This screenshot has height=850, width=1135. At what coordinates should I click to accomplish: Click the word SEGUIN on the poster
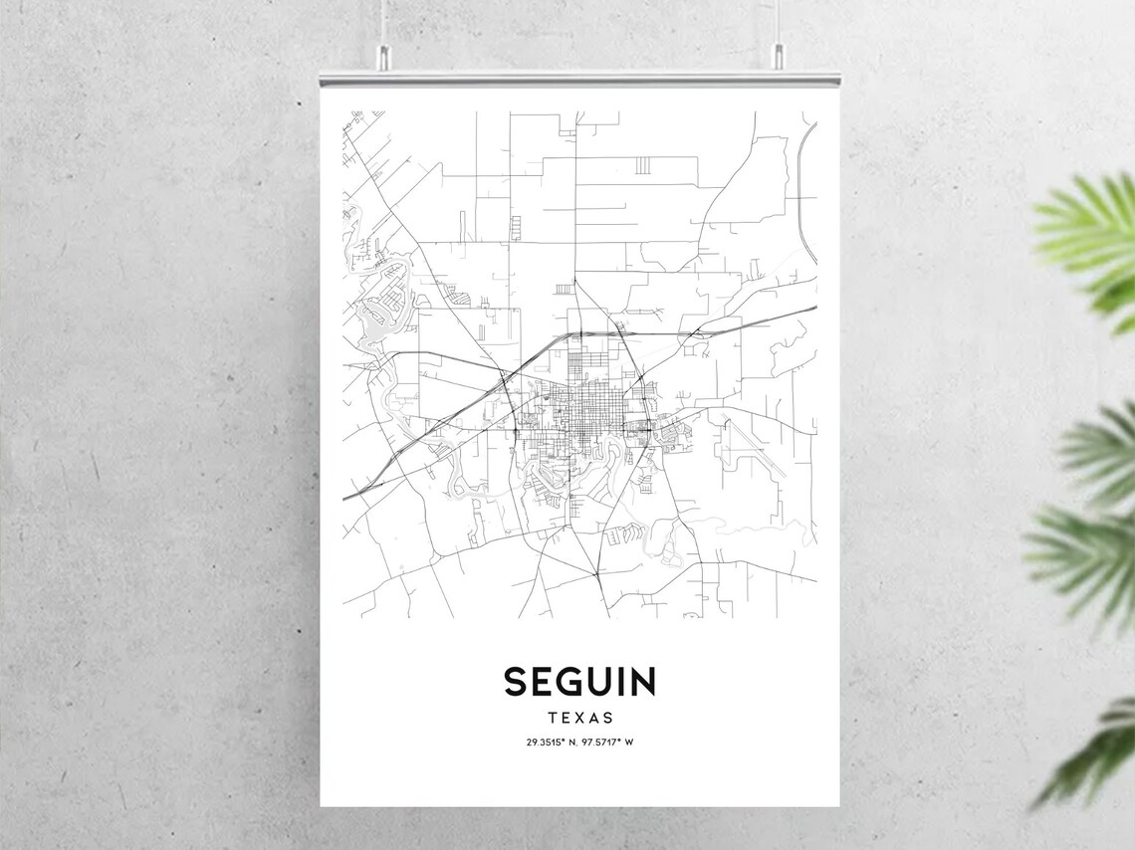(x=579, y=682)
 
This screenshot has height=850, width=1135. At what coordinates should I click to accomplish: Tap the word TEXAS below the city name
(x=579, y=717)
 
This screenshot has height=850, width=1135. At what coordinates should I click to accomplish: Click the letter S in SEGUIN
(x=515, y=682)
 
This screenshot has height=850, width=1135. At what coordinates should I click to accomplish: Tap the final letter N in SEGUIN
(x=642, y=682)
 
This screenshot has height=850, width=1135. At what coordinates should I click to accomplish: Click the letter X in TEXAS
(x=579, y=717)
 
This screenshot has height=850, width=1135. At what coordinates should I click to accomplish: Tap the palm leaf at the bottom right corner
(x=1095, y=756)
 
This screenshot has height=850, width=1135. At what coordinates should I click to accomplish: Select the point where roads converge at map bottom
(x=595, y=574)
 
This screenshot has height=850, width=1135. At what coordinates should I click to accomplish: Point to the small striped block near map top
(x=643, y=164)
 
